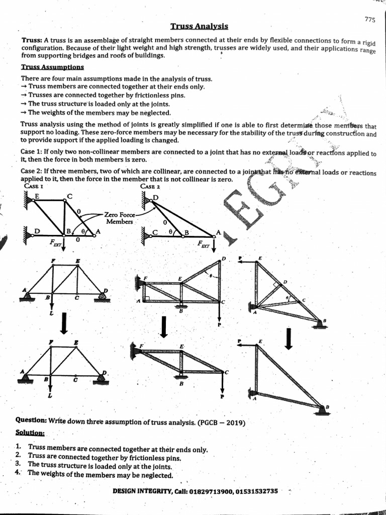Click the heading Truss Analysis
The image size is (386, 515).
[x=199, y=26]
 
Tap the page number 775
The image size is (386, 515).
[x=370, y=20]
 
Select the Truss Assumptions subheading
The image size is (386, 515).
[x=52, y=67]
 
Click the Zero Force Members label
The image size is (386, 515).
[x=119, y=218]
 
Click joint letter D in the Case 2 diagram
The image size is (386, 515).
[x=155, y=197]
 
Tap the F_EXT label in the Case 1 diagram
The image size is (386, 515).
[x=55, y=242]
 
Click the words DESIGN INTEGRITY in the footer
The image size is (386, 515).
[x=142, y=491]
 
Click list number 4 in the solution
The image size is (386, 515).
[x=19, y=472]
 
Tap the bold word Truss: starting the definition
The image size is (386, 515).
[x=32, y=40]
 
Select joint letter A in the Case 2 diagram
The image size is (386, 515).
[x=218, y=233]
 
